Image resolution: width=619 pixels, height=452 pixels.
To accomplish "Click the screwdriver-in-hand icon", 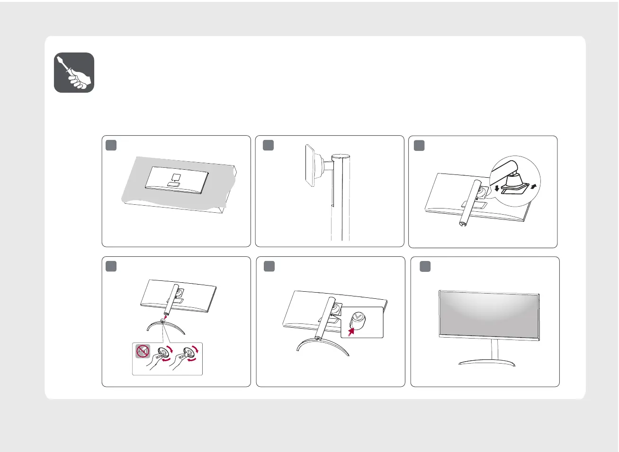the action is (74, 72).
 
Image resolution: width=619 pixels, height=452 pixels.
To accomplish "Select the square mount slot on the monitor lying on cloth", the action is (175, 177).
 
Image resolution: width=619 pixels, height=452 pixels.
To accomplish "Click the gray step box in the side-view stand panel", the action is (268, 145).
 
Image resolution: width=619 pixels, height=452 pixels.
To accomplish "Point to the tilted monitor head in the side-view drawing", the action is (310, 166).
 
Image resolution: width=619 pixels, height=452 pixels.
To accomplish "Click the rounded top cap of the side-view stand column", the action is (341, 156).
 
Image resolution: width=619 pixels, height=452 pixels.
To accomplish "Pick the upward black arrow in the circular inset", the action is (533, 185).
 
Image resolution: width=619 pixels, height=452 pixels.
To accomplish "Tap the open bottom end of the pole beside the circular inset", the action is (462, 224).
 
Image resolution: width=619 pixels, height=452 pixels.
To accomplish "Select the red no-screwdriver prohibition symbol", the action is (143, 352).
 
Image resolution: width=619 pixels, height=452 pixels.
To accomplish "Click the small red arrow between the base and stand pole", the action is (166, 317).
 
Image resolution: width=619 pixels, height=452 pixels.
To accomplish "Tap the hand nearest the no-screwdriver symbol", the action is (156, 363).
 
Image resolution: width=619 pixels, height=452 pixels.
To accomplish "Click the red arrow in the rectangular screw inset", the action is (351, 332).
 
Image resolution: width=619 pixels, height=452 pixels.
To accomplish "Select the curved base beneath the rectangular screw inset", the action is (322, 345).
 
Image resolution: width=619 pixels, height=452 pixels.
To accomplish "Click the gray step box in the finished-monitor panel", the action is (425, 267).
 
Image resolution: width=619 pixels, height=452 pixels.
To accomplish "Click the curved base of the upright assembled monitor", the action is (487, 363).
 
